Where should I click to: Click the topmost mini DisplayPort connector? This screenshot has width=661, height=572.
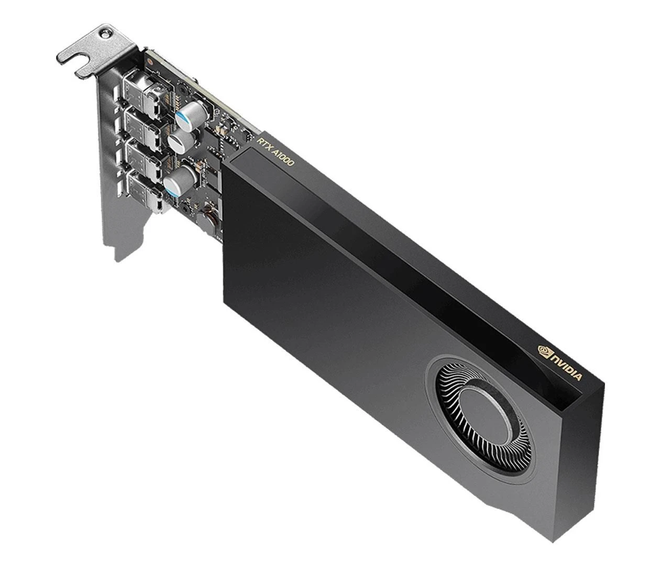(x=139, y=87)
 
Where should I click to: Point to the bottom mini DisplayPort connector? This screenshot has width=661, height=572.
(x=148, y=191)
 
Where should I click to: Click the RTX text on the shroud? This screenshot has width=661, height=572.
(x=263, y=144)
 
